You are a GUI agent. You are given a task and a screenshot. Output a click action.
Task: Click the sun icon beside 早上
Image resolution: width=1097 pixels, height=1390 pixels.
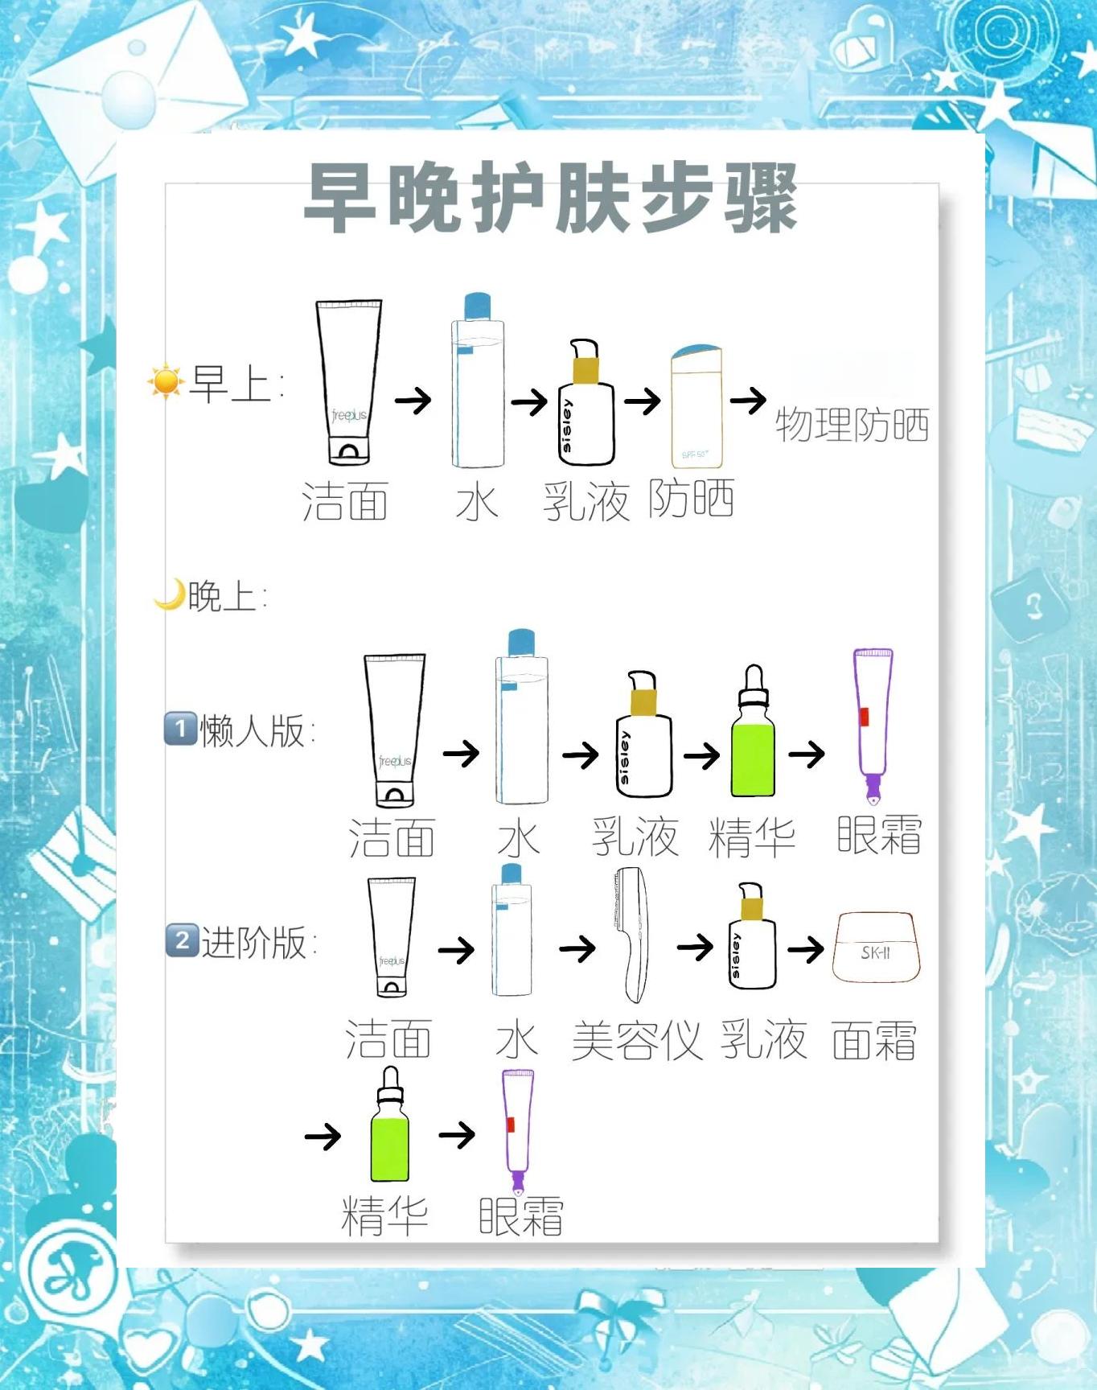(166, 382)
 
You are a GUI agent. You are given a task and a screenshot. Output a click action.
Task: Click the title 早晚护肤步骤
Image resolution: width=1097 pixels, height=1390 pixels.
(551, 197)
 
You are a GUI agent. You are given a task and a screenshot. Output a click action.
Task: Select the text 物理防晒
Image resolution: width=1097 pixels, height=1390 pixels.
(852, 425)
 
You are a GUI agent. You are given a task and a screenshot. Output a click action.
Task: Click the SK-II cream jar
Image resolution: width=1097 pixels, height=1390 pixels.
(876, 947)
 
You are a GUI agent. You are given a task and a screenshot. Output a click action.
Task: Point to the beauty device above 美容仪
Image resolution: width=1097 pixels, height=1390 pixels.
(632, 935)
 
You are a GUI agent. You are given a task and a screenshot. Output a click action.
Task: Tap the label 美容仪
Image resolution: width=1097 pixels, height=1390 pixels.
(637, 1040)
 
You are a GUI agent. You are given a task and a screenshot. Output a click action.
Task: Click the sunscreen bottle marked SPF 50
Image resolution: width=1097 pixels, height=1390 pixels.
(696, 407)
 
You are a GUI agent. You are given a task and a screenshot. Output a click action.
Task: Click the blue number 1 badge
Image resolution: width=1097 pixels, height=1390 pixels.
(180, 730)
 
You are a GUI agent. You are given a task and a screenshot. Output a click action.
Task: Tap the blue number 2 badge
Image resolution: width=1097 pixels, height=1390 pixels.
(182, 940)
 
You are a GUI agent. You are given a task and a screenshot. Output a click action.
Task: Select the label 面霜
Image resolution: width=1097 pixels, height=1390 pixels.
(874, 1040)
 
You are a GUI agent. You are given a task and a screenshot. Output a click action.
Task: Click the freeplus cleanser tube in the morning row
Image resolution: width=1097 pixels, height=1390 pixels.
(349, 382)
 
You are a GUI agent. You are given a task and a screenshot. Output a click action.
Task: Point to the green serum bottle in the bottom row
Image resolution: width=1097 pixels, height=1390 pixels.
(390, 1124)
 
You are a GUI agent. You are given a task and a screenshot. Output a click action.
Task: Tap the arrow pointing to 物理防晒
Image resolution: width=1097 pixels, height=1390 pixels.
(748, 399)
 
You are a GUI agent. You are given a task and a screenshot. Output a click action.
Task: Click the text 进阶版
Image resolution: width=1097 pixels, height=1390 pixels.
(254, 942)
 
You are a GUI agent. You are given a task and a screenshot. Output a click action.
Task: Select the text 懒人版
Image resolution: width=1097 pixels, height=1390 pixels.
(253, 730)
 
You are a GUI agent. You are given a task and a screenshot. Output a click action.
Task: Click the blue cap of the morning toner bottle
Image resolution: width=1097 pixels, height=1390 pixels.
(478, 306)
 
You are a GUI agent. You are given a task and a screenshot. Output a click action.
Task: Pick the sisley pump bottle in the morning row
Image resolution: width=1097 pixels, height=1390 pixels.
(586, 402)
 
